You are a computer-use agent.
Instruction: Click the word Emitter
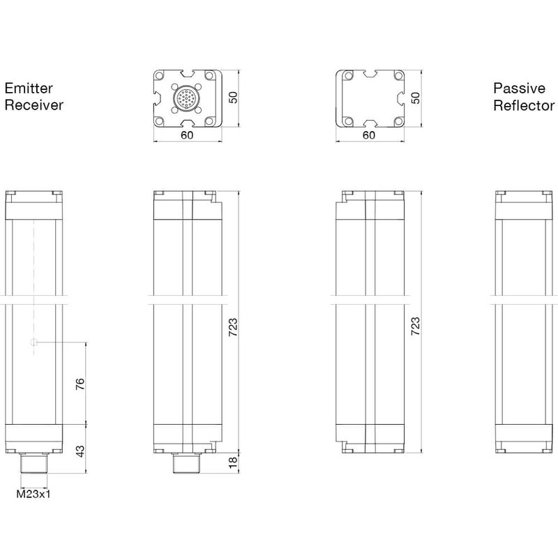pyautogui.click(x=29, y=89)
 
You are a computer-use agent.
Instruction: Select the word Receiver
pyautogui.click(x=34, y=105)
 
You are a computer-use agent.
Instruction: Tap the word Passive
pyautogui.click(x=520, y=89)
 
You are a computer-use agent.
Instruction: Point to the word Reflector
pyautogui.click(x=524, y=105)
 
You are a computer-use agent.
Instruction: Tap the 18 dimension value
pyautogui.click(x=234, y=461)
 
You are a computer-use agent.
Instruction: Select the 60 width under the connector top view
pyautogui.click(x=187, y=136)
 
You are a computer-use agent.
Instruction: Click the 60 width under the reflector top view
pyautogui.click(x=370, y=136)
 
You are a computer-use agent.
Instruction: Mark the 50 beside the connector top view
pyautogui.click(x=234, y=98)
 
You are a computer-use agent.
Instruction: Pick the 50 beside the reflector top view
pyautogui.click(x=416, y=98)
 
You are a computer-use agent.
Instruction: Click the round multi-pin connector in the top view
pyautogui.click(x=187, y=98)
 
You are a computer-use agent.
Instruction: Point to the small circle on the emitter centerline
pyautogui.click(x=34, y=342)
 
